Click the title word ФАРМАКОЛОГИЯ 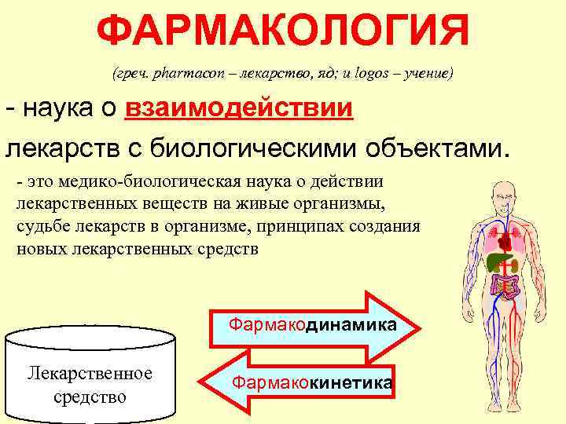(x=283, y=31)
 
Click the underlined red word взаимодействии (x=239, y=108)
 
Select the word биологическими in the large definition (x=271, y=146)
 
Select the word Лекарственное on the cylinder (x=90, y=372)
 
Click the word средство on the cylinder (x=90, y=396)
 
